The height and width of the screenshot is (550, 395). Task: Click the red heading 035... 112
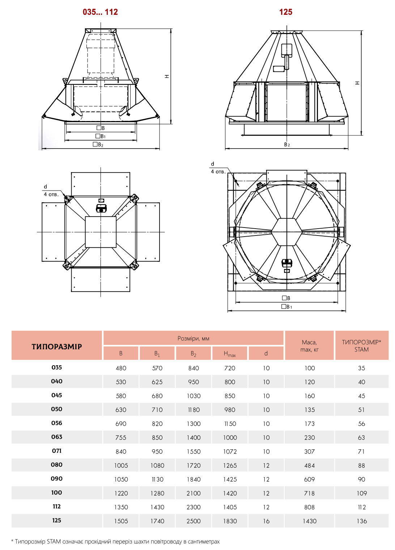click(x=100, y=12)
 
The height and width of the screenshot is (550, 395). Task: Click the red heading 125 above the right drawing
click(x=285, y=12)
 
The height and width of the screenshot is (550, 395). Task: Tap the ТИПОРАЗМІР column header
click(x=57, y=346)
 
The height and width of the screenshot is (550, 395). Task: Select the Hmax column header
click(x=230, y=354)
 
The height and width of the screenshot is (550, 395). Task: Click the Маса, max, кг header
click(x=309, y=346)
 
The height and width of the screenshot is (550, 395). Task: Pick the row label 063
click(x=57, y=437)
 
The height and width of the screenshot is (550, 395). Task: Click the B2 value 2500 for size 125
click(x=194, y=521)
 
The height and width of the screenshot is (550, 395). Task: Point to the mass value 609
click(x=309, y=479)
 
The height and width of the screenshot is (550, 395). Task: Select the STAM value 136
click(x=361, y=521)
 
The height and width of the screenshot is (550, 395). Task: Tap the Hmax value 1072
click(x=230, y=451)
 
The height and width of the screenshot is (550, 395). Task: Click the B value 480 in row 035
click(x=121, y=368)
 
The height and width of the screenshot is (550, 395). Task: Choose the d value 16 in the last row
click(x=266, y=521)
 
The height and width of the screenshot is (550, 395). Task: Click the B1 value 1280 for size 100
click(x=157, y=493)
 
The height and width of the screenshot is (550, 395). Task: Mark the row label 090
click(x=57, y=479)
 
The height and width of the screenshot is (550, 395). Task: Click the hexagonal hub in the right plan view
click(x=286, y=232)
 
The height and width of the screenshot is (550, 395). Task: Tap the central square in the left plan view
click(x=101, y=232)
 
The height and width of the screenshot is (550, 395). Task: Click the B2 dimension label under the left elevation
click(x=98, y=145)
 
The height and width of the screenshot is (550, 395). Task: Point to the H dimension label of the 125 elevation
click(x=357, y=83)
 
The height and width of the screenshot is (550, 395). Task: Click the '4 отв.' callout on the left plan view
click(x=51, y=195)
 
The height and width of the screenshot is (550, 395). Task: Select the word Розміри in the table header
click(x=188, y=338)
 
